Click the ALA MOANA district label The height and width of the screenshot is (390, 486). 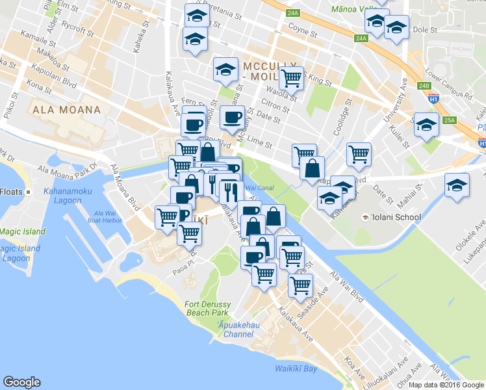click(66, 110)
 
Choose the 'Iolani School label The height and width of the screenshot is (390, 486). click(391, 217)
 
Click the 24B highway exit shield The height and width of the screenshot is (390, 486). click(424, 85)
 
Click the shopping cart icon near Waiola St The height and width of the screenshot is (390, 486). click(292, 77)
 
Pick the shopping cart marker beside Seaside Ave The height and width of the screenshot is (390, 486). click(300, 284)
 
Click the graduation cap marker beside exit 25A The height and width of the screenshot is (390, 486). click(426, 125)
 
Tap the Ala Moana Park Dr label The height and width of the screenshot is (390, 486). click(66, 169)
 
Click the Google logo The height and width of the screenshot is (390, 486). click(21, 382)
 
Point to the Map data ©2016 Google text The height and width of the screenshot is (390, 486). click(446, 385)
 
